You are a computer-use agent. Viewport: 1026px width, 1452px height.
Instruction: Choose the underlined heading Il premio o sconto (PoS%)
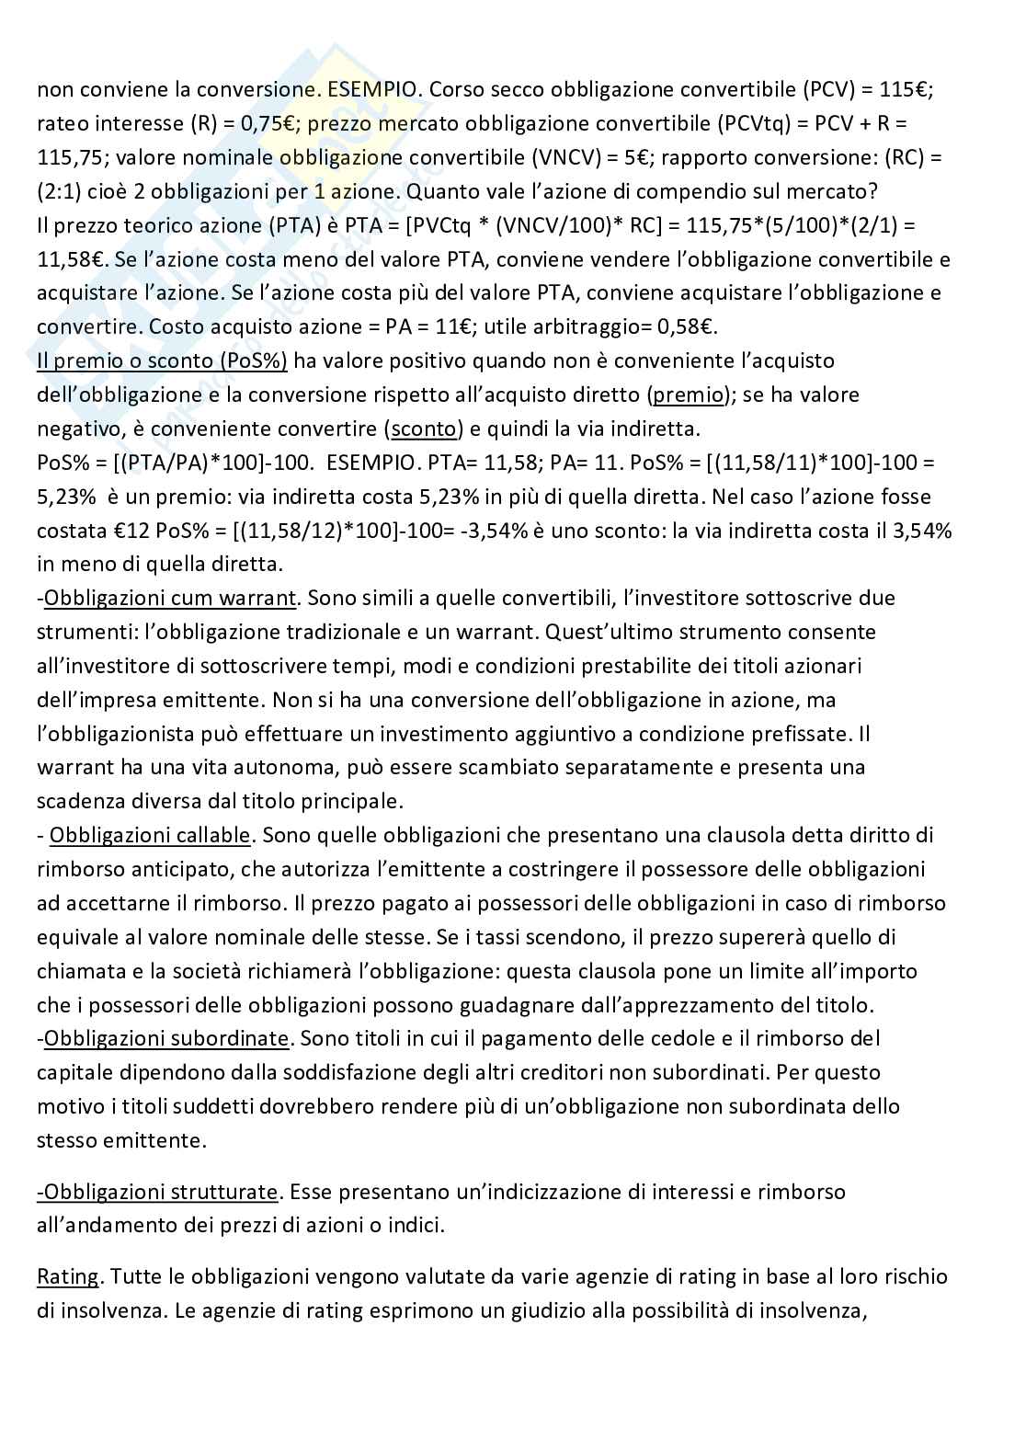point(162,361)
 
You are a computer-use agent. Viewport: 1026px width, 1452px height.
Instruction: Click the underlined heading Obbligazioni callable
point(149,836)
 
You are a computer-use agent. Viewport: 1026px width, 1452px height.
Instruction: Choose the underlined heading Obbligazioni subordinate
point(166,1039)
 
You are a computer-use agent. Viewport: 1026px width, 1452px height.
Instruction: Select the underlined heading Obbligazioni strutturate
point(157,1193)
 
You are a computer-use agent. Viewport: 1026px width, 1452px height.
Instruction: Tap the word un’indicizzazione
point(552,1193)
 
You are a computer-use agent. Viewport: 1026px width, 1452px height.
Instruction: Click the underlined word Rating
point(68,1277)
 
